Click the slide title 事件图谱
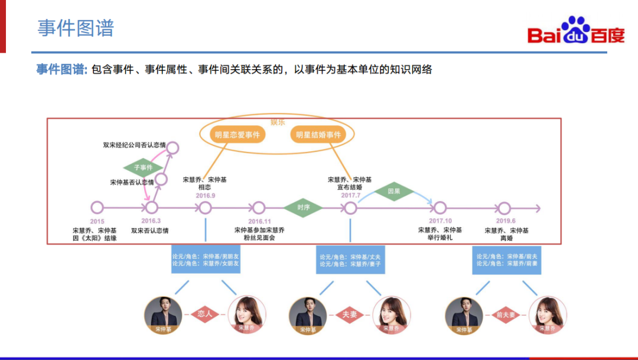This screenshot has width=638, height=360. point(76,28)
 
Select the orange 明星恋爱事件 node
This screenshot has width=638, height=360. point(237,135)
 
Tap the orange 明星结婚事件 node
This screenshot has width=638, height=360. point(319,135)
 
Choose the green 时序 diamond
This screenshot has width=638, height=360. point(304,207)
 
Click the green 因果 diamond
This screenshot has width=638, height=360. point(394,192)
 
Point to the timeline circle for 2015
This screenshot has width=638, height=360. point(97,207)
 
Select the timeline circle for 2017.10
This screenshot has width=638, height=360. point(440,207)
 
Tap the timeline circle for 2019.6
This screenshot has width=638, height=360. point(504,207)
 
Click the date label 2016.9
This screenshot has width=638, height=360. point(206,196)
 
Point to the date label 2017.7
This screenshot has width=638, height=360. point(351,196)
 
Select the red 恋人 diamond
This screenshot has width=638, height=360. point(205,314)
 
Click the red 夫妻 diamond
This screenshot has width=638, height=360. point(350,314)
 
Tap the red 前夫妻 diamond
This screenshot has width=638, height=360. point(505,314)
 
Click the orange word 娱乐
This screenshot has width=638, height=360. point(278,122)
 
